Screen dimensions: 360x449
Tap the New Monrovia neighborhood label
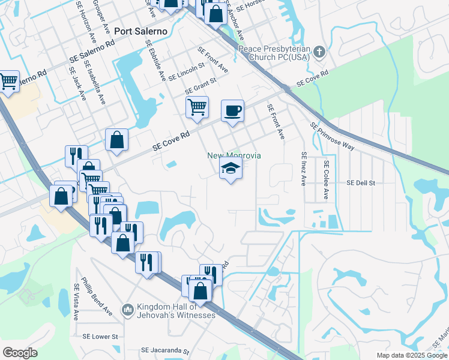pos(234,155)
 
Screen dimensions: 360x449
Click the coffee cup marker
pos(232,111)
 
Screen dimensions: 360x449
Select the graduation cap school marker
pos(230,169)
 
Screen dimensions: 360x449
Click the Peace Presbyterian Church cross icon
pos(319,52)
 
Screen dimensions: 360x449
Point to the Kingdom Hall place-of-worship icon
pos(127,310)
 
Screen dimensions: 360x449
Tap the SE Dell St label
pos(360,182)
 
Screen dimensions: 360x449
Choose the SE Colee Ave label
pos(327,179)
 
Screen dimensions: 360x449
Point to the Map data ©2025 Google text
pos(411,355)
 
